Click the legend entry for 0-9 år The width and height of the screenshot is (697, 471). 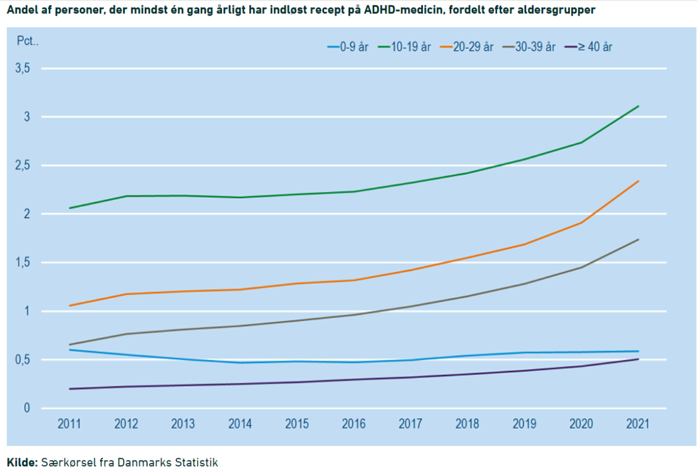pyautogui.click(x=347, y=47)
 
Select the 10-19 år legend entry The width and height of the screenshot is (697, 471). pyautogui.click(x=404, y=47)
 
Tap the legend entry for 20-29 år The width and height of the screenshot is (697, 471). pyautogui.click(x=467, y=47)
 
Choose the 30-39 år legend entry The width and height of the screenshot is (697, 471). pyautogui.click(x=529, y=47)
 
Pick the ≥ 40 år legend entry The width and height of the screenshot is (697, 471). pyautogui.click(x=588, y=47)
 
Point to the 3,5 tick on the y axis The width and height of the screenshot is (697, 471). pyautogui.click(x=23, y=68)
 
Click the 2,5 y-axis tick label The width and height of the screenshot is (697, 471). pyautogui.click(x=23, y=165)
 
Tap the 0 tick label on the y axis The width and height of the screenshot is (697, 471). pyautogui.click(x=27, y=408)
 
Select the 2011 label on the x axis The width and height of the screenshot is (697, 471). pyautogui.click(x=69, y=424)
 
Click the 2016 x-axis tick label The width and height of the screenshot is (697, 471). pyautogui.click(x=354, y=424)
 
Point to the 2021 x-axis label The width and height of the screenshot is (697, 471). pyautogui.click(x=638, y=424)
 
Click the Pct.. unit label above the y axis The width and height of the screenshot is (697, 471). pyautogui.click(x=28, y=41)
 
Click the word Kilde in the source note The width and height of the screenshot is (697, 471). pyautogui.click(x=22, y=462)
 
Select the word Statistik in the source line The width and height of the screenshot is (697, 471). pyautogui.click(x=196, y=462)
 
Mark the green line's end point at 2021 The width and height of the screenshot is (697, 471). pyautogui.click(x=638, y=106)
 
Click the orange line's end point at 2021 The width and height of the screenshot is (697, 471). pyautogui.click(x=638, y=181)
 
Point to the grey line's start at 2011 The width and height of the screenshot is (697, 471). pyautogui.click(x=69, y=344)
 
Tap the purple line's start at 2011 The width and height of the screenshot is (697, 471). pyautogui.click(x=69, y=389)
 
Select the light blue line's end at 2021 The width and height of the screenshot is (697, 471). pyautogui.click(x=638, y=351)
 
